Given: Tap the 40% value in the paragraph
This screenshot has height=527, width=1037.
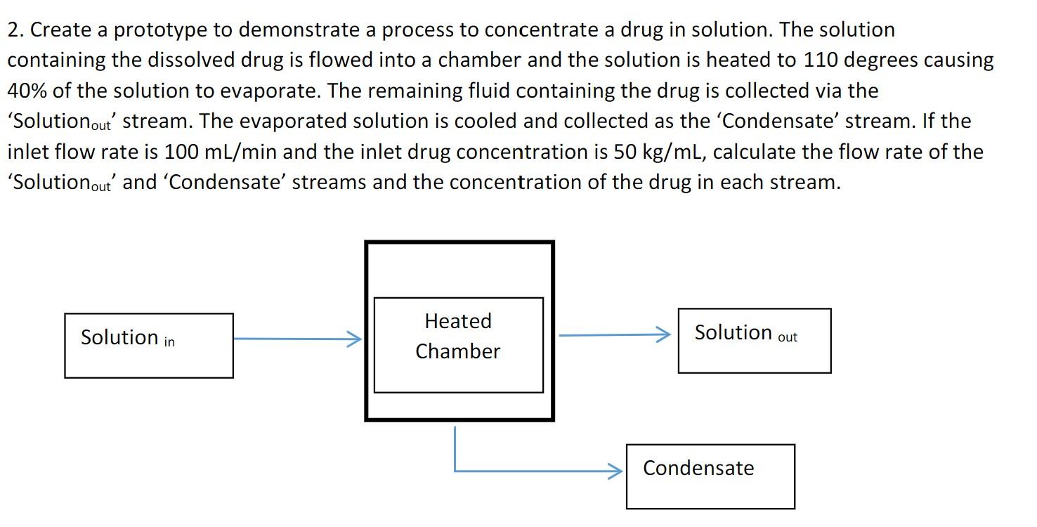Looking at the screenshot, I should click(x=27, y=91).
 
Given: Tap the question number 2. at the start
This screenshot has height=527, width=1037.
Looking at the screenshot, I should click(x=16, y=30).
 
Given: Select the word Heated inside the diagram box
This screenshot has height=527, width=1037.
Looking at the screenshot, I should click(x=458, y=321).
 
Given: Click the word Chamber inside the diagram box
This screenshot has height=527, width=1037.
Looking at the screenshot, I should click(x=458, y=351).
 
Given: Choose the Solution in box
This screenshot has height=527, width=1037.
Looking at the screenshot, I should click(x=149, y=346).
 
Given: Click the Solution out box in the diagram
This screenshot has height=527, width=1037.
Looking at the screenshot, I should click(x=754, y=341).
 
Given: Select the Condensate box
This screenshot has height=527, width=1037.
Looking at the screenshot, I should click(x=710, y=476).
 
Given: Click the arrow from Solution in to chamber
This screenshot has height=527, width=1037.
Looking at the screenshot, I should click(x=295, y=339).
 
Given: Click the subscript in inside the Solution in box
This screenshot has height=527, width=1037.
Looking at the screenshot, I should click(x=169, y=342).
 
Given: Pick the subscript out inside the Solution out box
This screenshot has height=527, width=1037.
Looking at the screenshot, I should click(x=788, y=337).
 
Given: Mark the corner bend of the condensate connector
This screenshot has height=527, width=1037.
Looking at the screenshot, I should click(x=455, y=471).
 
